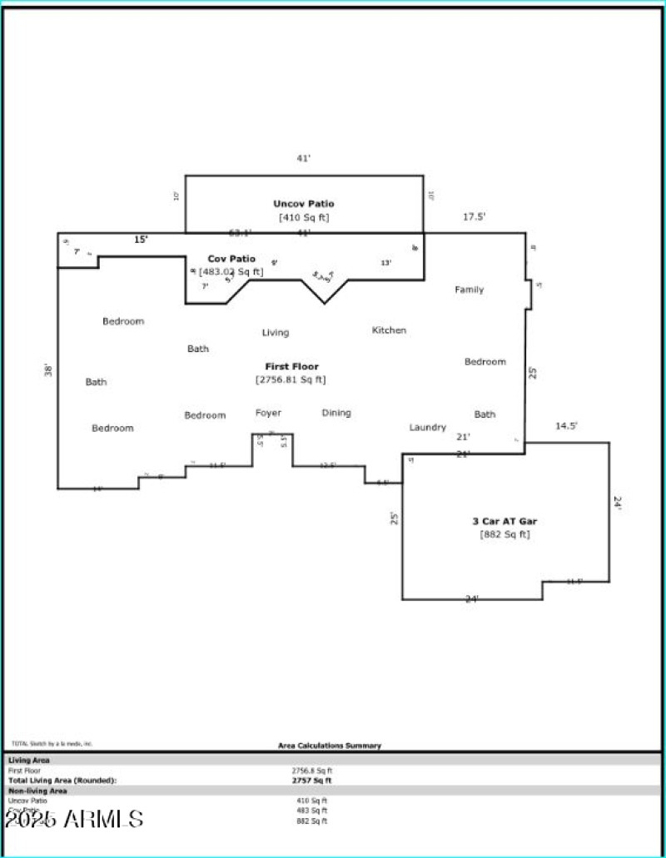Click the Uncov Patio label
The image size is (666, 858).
(x=304, y=204)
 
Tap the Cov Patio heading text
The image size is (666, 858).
(x=231, y=259)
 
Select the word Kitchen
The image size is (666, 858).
(x=389, y=330)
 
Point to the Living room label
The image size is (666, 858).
(x=276, y=333)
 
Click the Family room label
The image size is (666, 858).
(x=469, y=290)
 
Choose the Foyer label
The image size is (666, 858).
(x=268, y=413)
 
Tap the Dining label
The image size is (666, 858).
(x=336, y=413)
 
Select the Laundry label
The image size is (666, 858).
(x=427, y=427)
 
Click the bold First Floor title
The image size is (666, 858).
(x=291, y=366)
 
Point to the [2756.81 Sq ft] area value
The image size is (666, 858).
(x=291, y=379)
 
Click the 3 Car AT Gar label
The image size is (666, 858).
(x=504, y=521)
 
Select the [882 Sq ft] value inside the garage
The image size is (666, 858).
(x=504, y=534)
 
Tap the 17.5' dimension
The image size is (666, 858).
(x=475, y=216)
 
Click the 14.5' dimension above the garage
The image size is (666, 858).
(x=566, y=426)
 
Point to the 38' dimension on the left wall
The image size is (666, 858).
(x=48, y=370)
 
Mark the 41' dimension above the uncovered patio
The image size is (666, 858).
(x=304, y=158)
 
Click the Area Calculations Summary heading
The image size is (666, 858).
(x=330, y=746)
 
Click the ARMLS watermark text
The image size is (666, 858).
(x=74, y=819)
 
